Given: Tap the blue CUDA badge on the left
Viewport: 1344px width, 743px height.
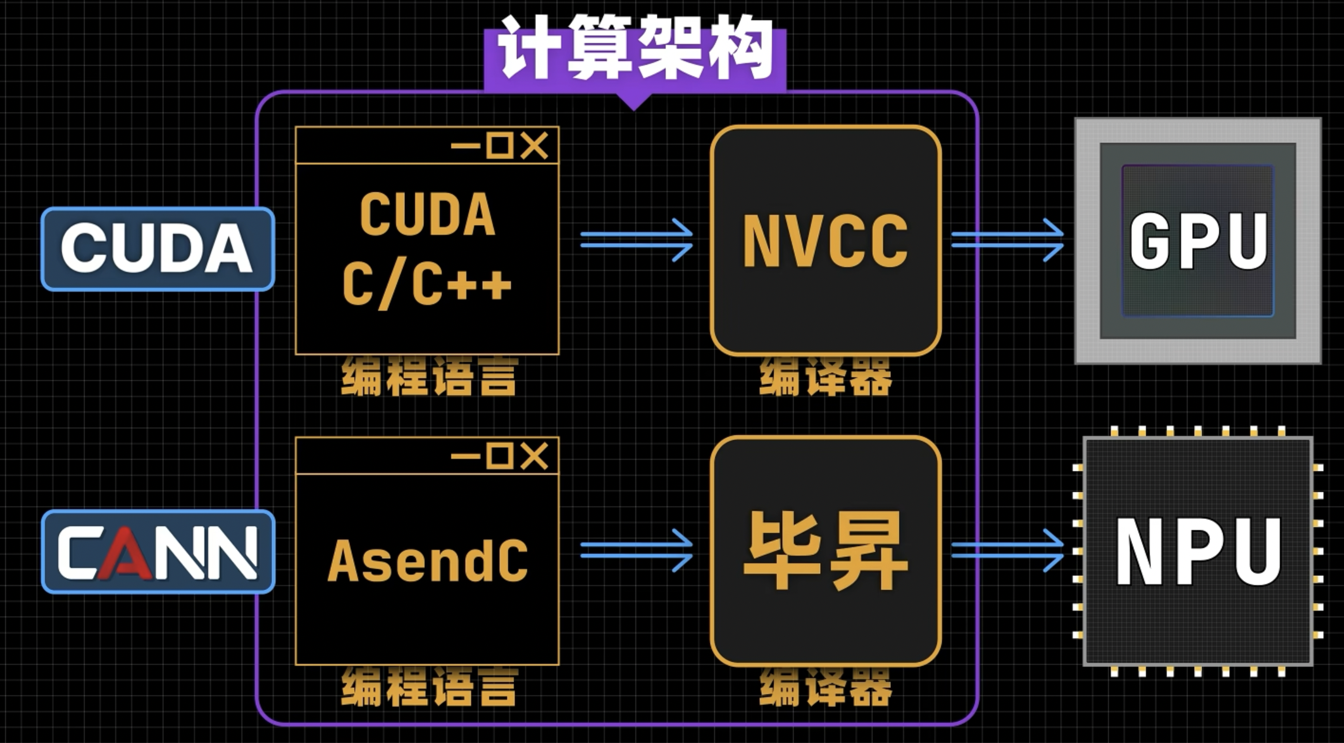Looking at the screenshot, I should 158,249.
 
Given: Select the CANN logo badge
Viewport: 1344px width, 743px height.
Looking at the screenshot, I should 158,552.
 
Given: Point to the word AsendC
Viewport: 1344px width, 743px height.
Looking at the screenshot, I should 427,561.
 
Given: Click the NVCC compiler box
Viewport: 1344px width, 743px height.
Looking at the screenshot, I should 825,240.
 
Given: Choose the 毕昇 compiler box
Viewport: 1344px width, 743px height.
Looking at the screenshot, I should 825,551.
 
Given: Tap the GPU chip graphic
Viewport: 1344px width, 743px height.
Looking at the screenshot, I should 1198,240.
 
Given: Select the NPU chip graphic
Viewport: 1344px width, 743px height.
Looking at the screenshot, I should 1198,551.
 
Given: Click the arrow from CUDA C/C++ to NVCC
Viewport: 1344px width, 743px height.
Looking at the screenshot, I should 636,240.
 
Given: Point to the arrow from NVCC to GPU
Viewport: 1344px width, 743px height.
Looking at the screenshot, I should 1007,240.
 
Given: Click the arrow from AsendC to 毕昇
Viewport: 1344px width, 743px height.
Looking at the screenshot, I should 636,551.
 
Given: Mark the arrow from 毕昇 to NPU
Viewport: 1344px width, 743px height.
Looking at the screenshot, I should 1007,551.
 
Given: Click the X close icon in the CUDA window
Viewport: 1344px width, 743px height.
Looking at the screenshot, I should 535,146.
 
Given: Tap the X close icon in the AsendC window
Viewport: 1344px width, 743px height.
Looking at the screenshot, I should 535,456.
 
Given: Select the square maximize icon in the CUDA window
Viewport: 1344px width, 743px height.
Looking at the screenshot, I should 500,146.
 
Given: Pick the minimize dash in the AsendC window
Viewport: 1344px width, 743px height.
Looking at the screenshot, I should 466,456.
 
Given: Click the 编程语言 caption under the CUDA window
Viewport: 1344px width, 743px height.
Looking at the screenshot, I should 429,377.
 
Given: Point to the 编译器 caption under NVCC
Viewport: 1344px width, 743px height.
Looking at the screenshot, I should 825,377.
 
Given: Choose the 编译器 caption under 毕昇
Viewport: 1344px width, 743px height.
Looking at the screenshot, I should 825,688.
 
